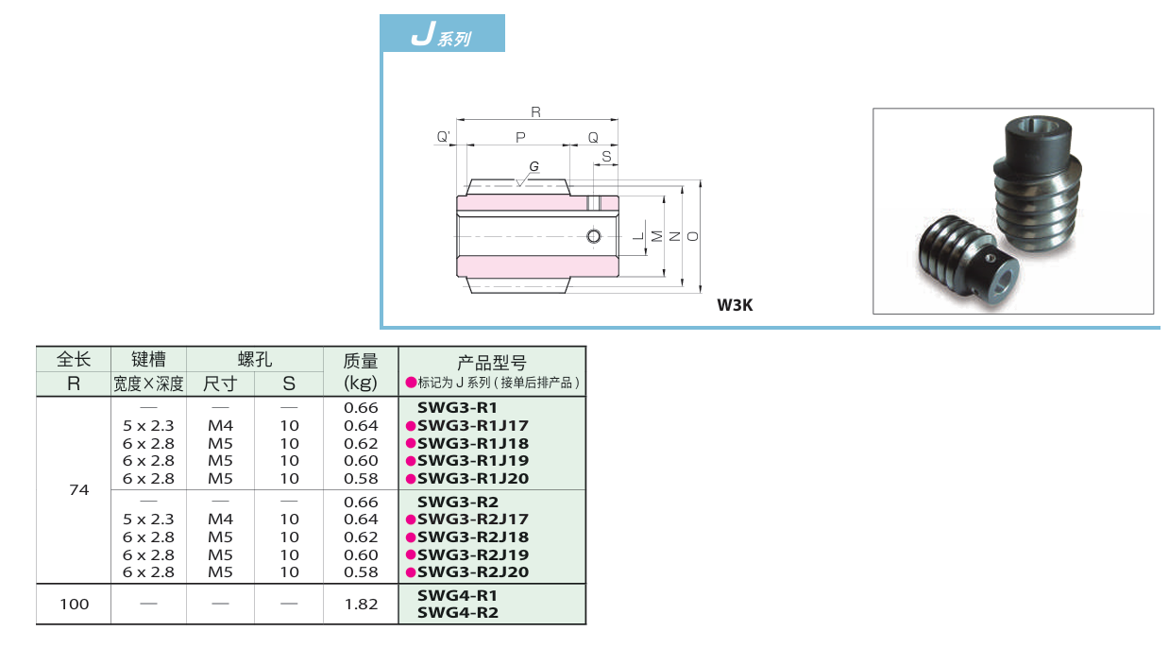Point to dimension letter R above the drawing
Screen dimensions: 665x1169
pyautogui.click(x=535, y=112)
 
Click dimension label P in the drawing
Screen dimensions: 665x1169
pyautogui.click(x=520, y=138)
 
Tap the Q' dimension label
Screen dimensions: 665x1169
pyautogui.click(x=444, y=138)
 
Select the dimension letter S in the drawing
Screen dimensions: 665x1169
pyautogui.click(x=605, y=156)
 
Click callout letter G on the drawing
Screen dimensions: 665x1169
pyautogui.click(x=534, y=166)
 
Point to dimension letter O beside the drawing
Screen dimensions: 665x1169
pyautogui.click(x=694, y=236)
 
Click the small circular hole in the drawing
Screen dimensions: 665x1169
pyautogui.click(x=593, y=235)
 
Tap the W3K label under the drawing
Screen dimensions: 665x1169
pyautogui.click(x=735, y=304)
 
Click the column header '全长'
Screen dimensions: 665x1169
pyautogui.click(x=74, y=360)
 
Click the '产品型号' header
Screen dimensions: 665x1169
pyautogui.click(x=492, y=362)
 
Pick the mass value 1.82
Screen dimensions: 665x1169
pyautogui.click(x=361, y=605)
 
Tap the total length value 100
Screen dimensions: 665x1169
pyautogui.click(x=74, y=605)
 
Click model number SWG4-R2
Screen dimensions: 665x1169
pyautogui.click(x=457, y=613)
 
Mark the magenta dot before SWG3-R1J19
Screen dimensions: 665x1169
pyautogui.click(x=411, y=461)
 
